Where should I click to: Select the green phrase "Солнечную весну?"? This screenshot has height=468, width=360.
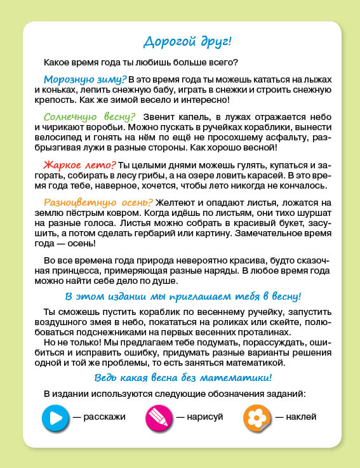(90, 117)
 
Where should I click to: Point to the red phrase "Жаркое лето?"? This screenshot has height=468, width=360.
(79, 164)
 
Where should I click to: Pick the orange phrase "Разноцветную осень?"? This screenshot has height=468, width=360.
(95, 202)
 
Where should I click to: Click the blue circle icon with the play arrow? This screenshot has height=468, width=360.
(55, 417)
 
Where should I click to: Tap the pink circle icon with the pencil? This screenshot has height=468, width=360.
(159, 417)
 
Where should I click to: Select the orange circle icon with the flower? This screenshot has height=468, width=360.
(257, 417)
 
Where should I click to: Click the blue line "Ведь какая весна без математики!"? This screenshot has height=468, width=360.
(183, 378)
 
